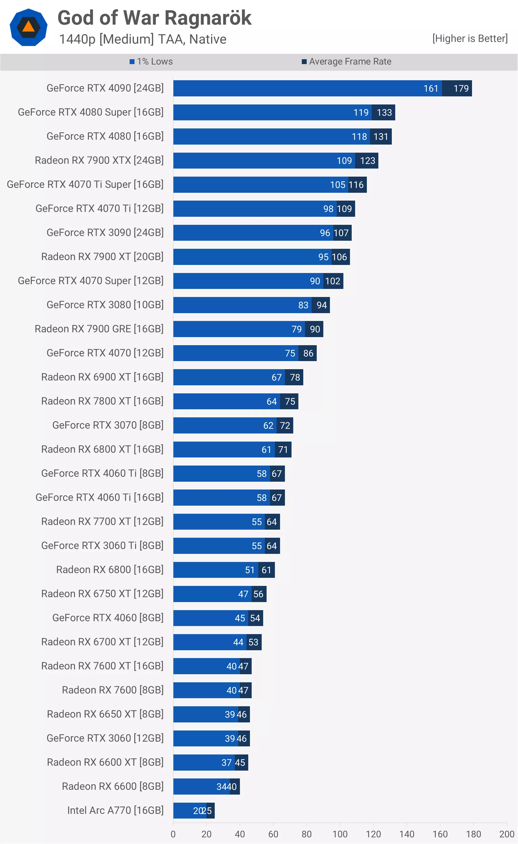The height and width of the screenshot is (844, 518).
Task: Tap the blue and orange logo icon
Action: [28, 27]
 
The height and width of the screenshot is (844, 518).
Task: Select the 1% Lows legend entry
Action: [151, 62]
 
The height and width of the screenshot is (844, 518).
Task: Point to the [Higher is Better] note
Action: [470, 38]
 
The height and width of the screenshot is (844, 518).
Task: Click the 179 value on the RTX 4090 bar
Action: [461, 88]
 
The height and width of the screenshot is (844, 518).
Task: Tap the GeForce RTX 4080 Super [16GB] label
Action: [90, 112]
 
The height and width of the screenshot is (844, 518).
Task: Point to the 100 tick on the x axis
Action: [340, 834]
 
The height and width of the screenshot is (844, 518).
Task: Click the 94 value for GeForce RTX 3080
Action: [321, 305]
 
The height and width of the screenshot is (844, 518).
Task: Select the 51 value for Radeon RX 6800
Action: [250, 570]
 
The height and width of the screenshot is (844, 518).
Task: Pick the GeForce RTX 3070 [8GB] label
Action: [108, 425]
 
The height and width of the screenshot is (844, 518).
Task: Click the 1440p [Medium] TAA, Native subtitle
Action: [143, 39]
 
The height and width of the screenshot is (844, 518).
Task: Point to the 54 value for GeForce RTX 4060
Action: [255, 618]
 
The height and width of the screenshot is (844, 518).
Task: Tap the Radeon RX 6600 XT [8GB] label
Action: [105, 762]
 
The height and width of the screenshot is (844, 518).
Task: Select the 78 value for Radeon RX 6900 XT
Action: [295, 377]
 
